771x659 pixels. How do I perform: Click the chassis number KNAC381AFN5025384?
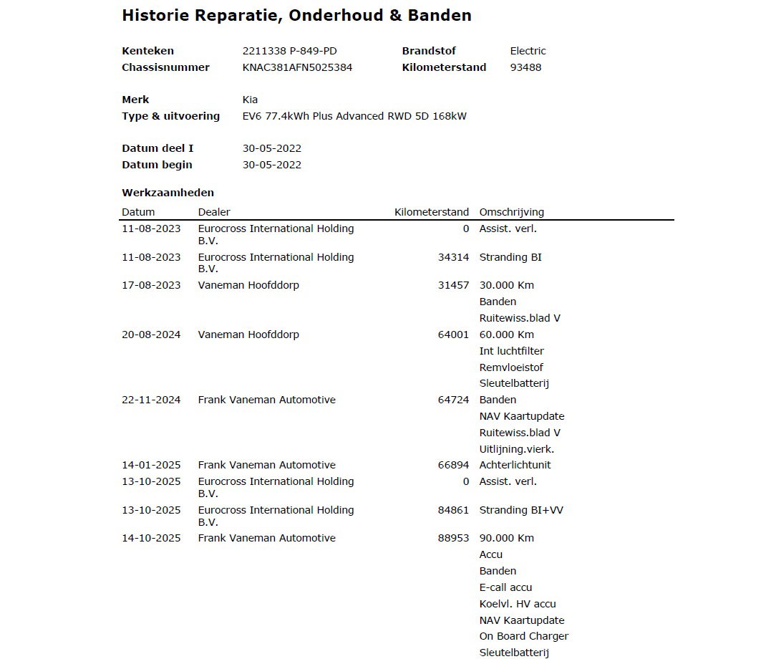point(297,67)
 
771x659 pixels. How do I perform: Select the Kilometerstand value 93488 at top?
point(525,67)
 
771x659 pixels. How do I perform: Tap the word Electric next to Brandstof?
point(528,51)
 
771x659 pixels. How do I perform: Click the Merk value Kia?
point(250,100)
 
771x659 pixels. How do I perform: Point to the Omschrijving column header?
point(511,212)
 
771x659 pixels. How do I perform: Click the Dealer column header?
point(214,212)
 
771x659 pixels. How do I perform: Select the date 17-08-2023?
point(151,285)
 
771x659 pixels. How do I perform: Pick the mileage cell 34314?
point(453,257)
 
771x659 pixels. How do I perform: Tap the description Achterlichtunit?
point(515,465)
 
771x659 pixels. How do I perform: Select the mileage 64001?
point(453,335)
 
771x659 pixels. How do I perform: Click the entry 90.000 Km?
point(506,538)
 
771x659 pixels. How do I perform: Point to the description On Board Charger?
point(523,636)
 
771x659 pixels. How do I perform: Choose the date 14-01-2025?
point(151,465)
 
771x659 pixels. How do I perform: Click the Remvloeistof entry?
point(511,367)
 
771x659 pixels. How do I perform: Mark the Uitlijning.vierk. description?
point(516,449)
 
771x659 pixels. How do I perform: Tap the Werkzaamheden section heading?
point(168,193)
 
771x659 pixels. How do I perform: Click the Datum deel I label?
point(157,148)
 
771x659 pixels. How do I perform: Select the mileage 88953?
point(453,538)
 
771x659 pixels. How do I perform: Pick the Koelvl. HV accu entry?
point(517,604)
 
